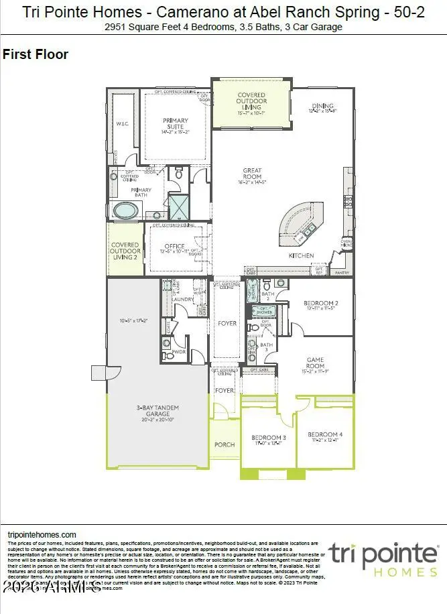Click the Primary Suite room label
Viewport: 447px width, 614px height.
(x=176, y=125)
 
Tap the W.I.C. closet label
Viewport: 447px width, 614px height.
(x=122, y=123)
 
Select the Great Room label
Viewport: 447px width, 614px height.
(x=253, y=176)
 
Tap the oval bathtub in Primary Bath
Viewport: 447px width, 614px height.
(x=125, y=210)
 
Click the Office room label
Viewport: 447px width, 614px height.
(x=175, y=247)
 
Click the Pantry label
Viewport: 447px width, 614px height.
(x=342, y=273)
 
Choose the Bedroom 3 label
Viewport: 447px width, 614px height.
(x=269, y=438)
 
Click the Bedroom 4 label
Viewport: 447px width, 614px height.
(x=326, y=436)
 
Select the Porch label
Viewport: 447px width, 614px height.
(x=225, y=444)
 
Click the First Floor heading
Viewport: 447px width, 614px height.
(x=36, y=55)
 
